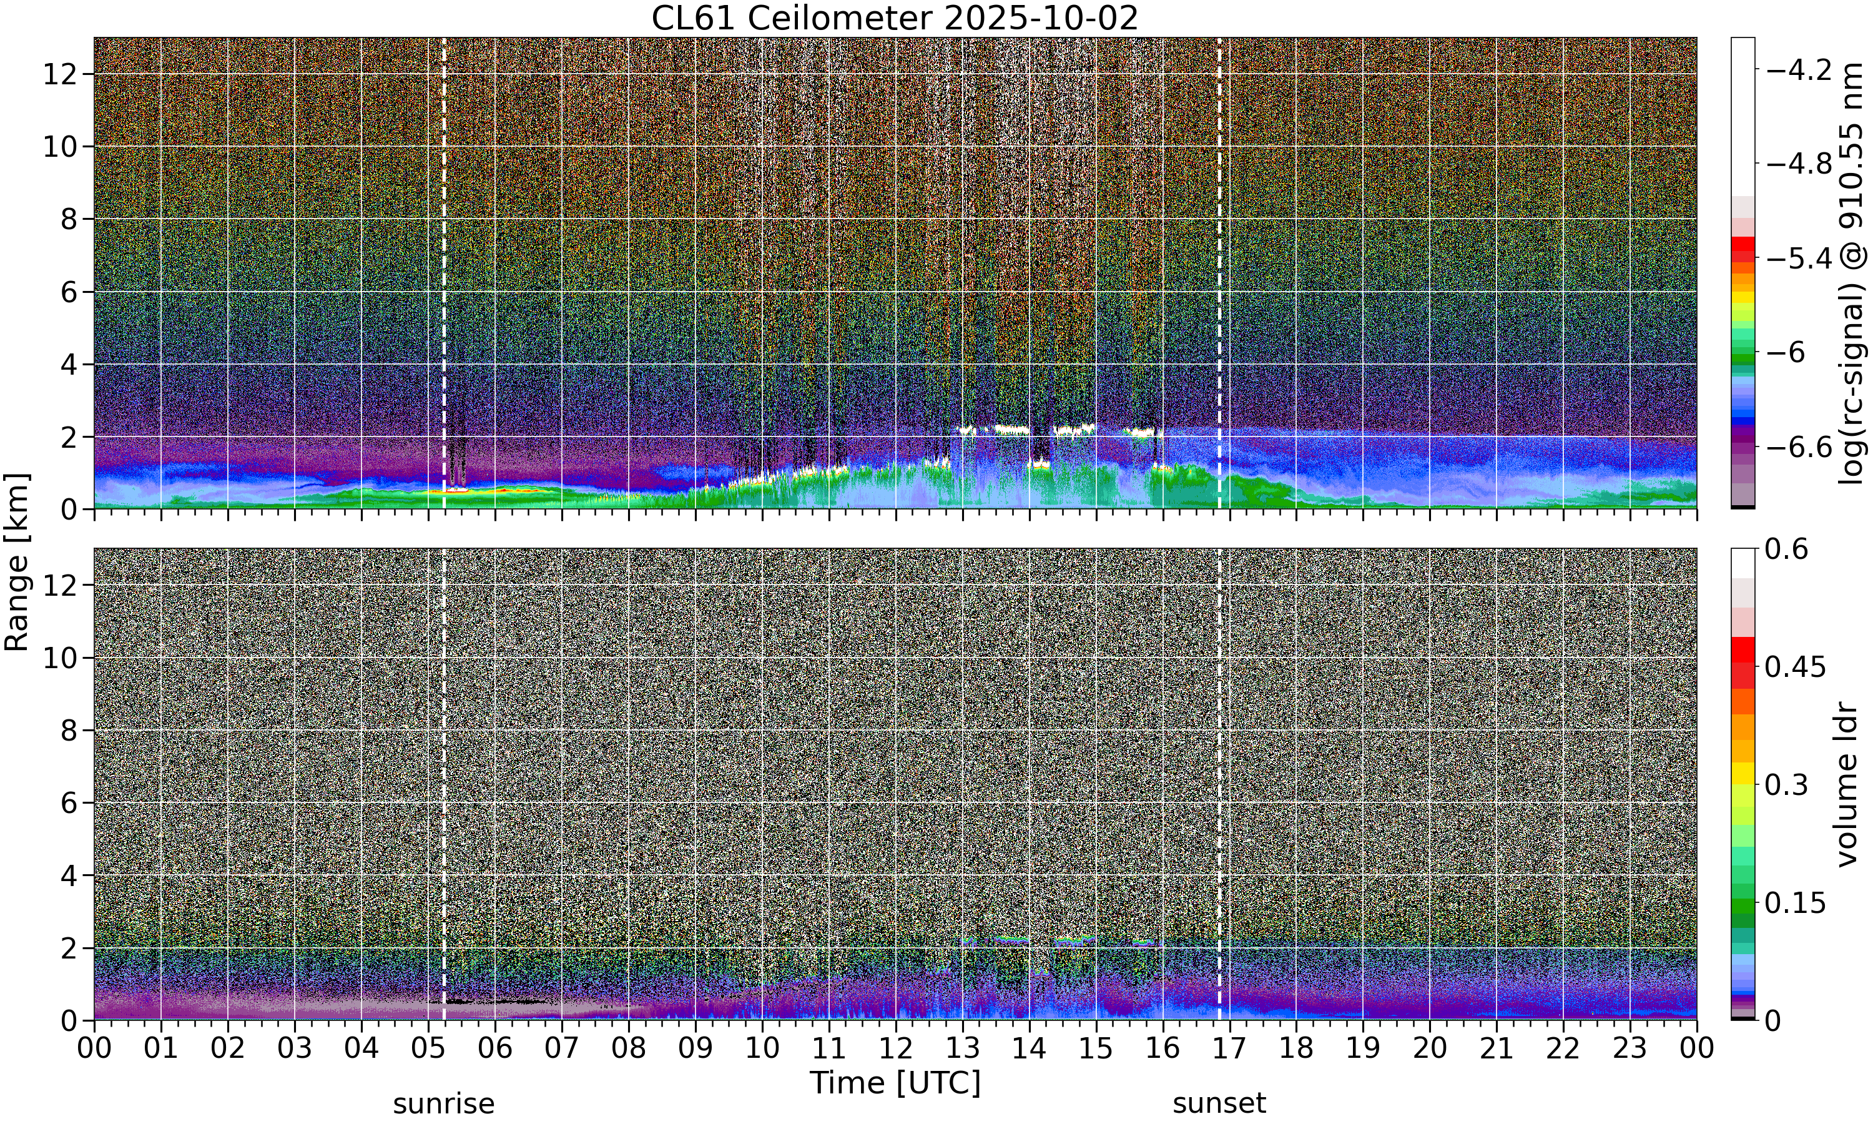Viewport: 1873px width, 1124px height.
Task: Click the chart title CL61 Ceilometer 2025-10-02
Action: point(895,18)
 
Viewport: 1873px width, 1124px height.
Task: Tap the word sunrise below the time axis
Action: point(444,1103)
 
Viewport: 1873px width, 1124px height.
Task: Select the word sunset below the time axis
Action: point(1219,1103)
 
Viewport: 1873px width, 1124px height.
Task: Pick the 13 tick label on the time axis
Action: point(962,1048)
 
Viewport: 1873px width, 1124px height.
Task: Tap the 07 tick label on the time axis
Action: point(562,1048)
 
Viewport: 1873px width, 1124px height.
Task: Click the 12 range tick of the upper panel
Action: point(61,74)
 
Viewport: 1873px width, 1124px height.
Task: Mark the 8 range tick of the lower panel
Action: point(70,731)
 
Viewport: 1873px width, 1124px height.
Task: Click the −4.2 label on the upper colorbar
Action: point(1799,71)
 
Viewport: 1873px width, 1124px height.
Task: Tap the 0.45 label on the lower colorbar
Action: point(1796,668)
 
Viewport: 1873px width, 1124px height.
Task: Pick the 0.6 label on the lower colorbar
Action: point(1787,549)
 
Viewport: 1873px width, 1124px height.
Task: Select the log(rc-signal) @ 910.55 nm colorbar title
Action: point(1852,274)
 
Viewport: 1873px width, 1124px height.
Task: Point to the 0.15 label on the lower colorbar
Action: point(1796,903)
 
